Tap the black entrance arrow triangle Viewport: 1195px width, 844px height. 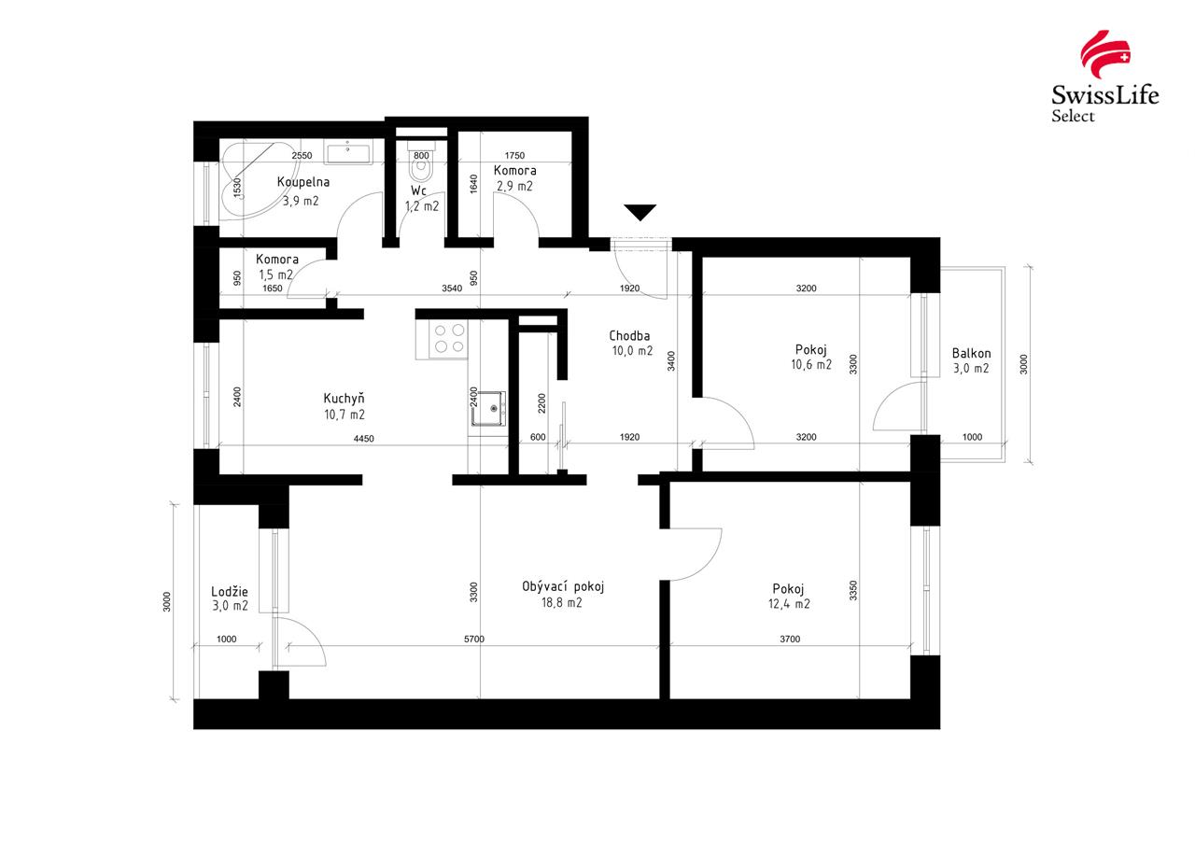640,212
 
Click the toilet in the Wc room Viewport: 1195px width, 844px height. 421,169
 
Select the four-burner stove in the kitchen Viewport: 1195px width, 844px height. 448,338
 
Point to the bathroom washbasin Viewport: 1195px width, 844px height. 348,151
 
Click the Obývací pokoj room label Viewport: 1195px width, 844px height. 564,586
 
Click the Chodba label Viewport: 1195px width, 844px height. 630,335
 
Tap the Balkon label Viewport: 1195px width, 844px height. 971,354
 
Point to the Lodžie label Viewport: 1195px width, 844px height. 230,591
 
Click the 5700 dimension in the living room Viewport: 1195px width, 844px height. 477,640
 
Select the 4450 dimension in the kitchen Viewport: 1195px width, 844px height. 363,438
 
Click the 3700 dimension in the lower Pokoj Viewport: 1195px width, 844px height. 789,640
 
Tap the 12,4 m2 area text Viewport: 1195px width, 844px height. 790,604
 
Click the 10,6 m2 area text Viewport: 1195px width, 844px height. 810,365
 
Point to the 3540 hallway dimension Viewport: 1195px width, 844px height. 453,288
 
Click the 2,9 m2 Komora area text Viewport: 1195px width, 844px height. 514,186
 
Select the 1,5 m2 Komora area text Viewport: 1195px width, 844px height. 275,274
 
